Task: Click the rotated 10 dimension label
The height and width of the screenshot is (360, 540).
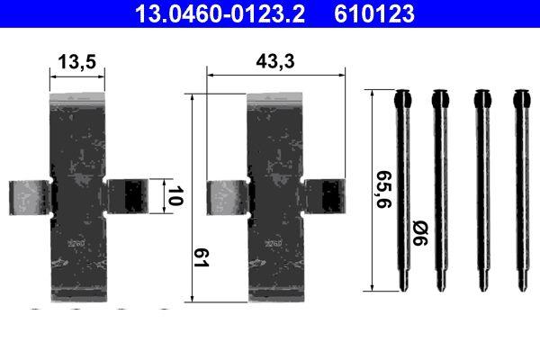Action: [x=175, y=195]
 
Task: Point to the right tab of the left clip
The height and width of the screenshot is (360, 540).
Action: [x=124, y=196]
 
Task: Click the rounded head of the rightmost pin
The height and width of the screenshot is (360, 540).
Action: [x=520, y=96]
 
